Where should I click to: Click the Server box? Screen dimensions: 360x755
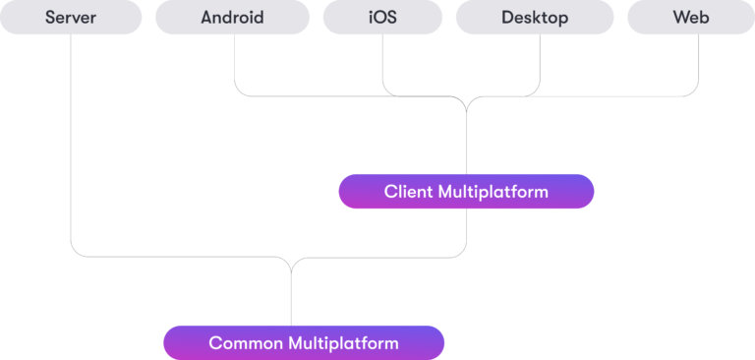click(70, 18)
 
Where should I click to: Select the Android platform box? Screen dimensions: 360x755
click(232, 18)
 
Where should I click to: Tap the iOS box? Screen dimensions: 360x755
click(381, 18)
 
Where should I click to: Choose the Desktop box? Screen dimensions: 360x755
click(534, 18)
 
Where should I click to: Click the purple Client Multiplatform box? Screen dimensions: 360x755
click(466, 192)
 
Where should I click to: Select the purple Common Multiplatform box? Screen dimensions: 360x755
click(304, 343)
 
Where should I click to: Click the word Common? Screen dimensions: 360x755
click(245, 343)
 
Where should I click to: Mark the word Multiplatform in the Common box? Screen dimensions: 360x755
click(343, 343)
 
